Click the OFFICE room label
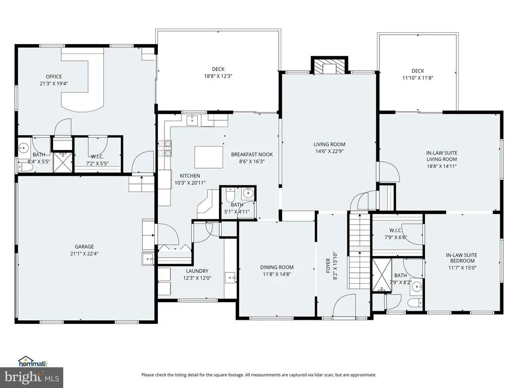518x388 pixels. (x=54, y=77)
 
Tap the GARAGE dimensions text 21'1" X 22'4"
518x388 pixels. (x=84, y=254)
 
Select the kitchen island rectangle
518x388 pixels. (x=208, y=158)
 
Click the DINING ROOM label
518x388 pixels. (x=277, y=267)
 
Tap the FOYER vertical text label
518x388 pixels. (x=328, y=266)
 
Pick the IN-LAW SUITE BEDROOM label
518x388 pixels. (x=461, y=258)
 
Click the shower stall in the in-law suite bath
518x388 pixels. (x=382, y=275)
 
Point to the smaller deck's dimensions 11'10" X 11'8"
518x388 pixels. (x=417, y=78)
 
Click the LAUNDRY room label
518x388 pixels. (x=197, y=271)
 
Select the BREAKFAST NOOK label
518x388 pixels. (x=252, y=155)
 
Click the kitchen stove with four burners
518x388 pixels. (x=164, y=148)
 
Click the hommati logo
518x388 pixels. (x=33, y=361)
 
